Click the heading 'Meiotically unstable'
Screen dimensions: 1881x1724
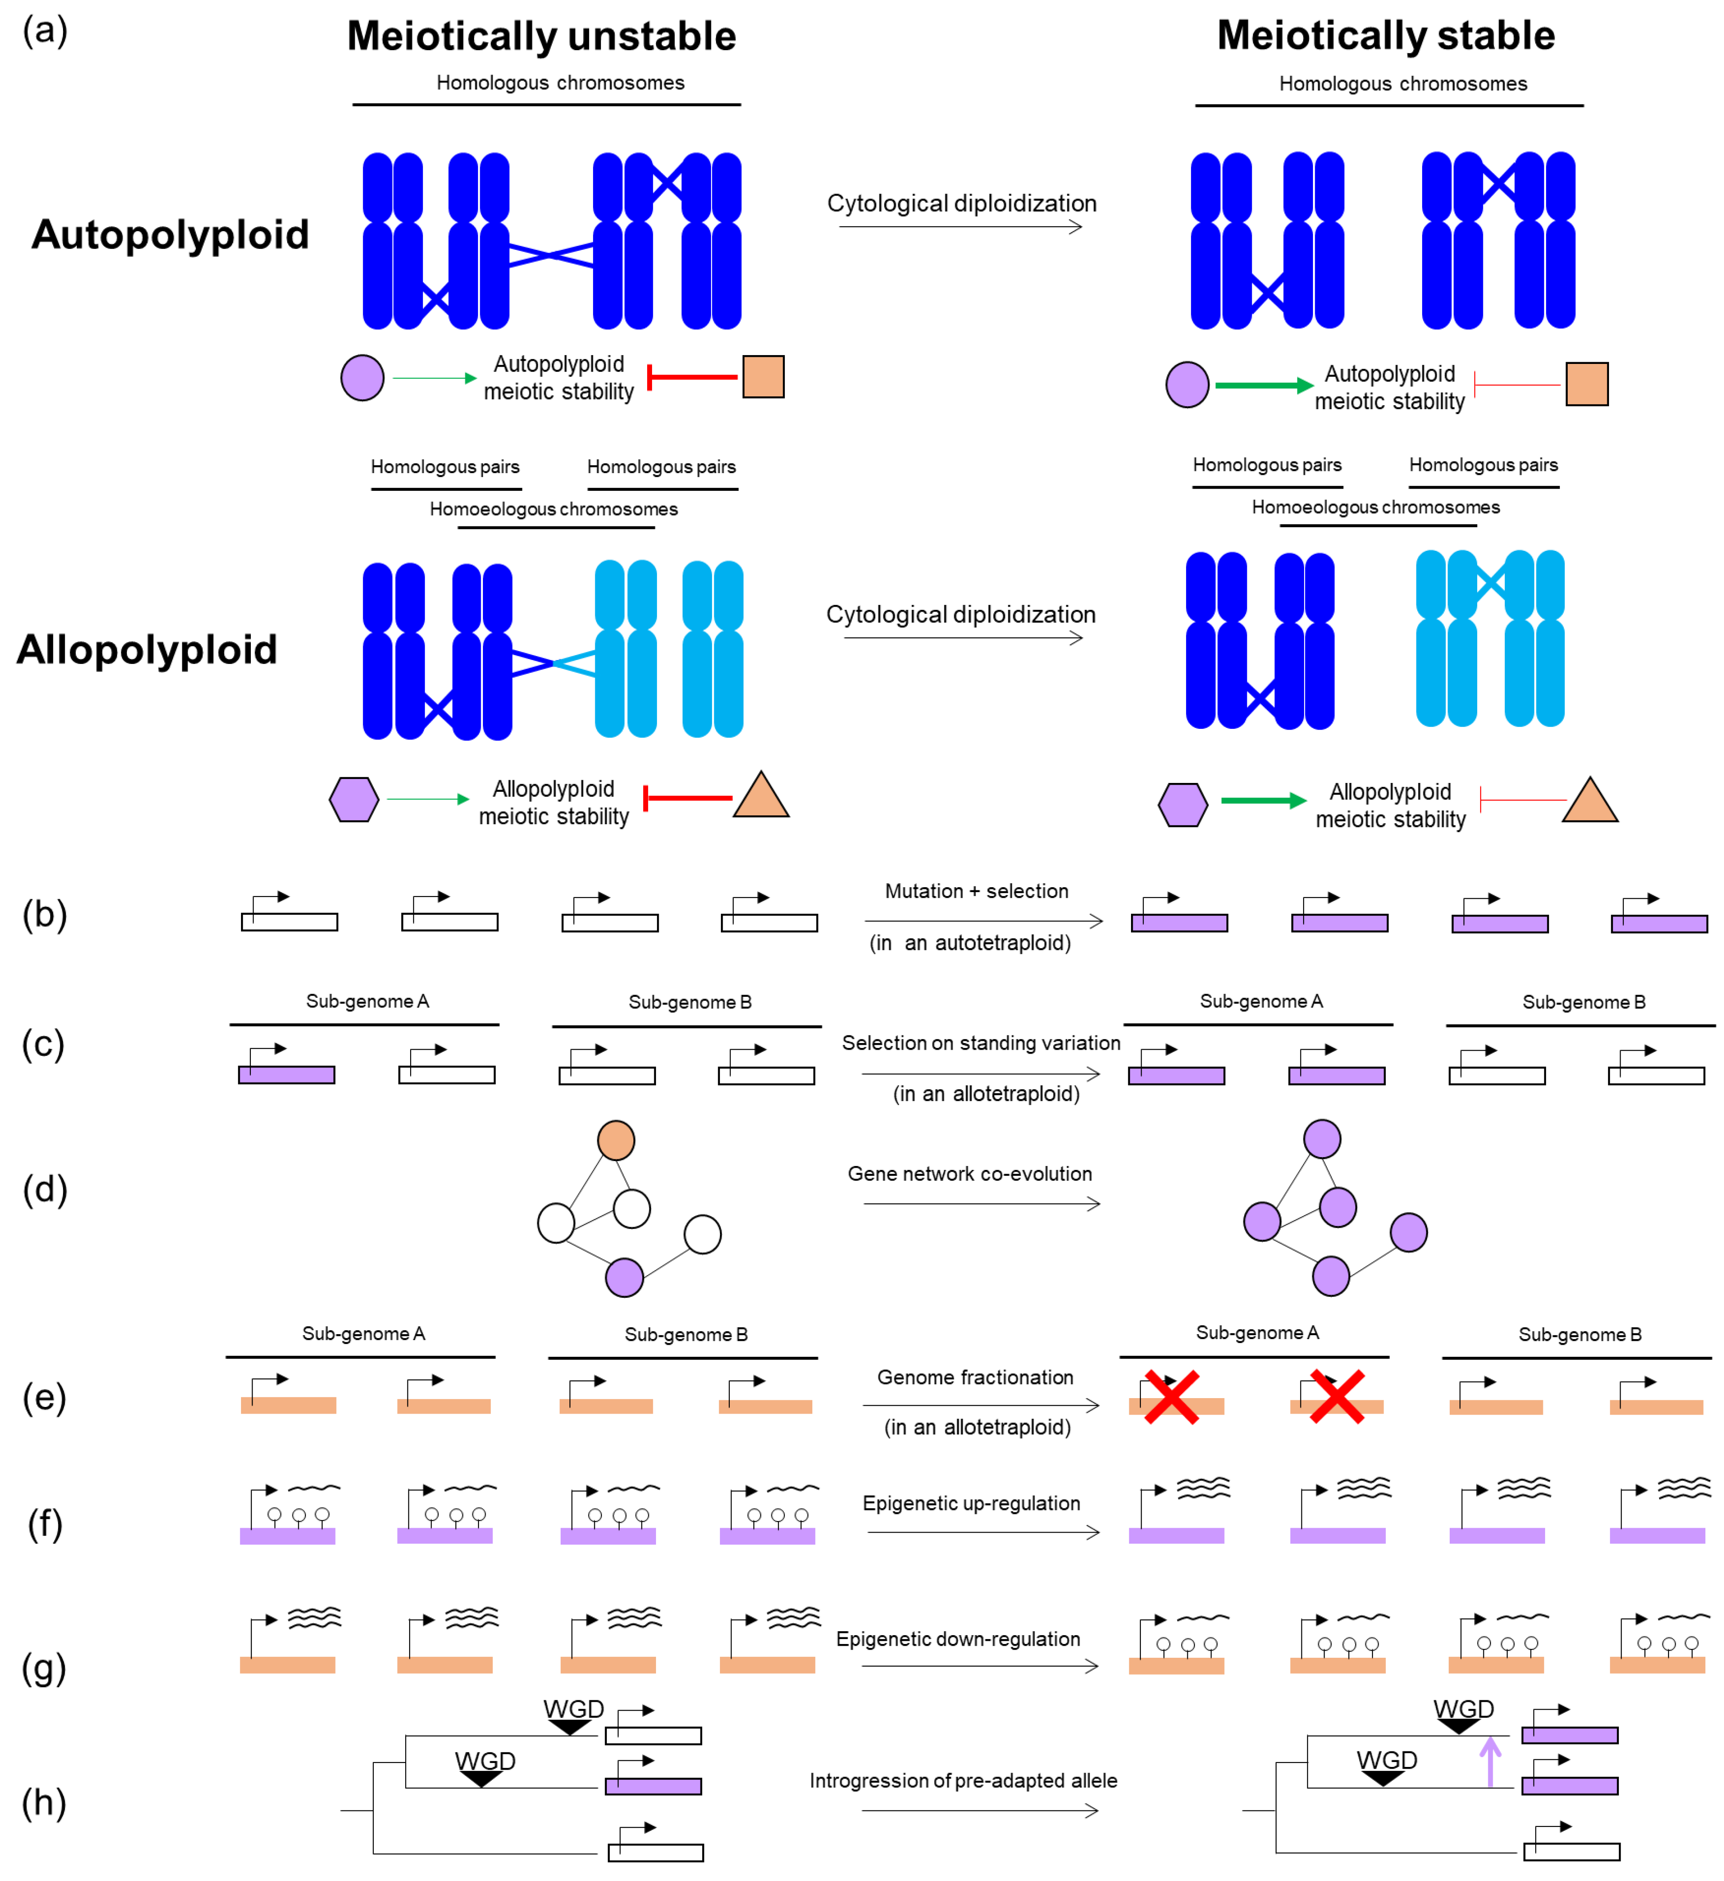click(x=541, y=36)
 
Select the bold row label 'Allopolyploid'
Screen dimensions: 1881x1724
click(x=147, y=649)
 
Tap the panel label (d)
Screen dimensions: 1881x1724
click(x=45, y=1189)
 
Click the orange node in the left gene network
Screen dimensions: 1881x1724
click(x=616, y=1140)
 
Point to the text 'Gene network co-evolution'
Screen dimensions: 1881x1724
click(x=969, y=1174)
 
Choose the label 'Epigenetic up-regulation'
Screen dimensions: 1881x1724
click(x=971, y=1503)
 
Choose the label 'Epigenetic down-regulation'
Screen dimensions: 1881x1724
click(x=958, y=1640)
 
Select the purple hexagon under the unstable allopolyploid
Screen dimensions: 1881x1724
click(x=354, y=800)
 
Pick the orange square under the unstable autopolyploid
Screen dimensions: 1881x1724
click(x=763, y=377)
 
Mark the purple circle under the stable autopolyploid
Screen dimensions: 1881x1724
click(x=1186, y=384)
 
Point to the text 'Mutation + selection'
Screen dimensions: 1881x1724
click(x=976, y=891)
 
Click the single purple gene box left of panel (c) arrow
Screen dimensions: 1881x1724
click(x=286, y=1075)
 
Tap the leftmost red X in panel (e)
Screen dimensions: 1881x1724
click(x=1172, y=1397)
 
